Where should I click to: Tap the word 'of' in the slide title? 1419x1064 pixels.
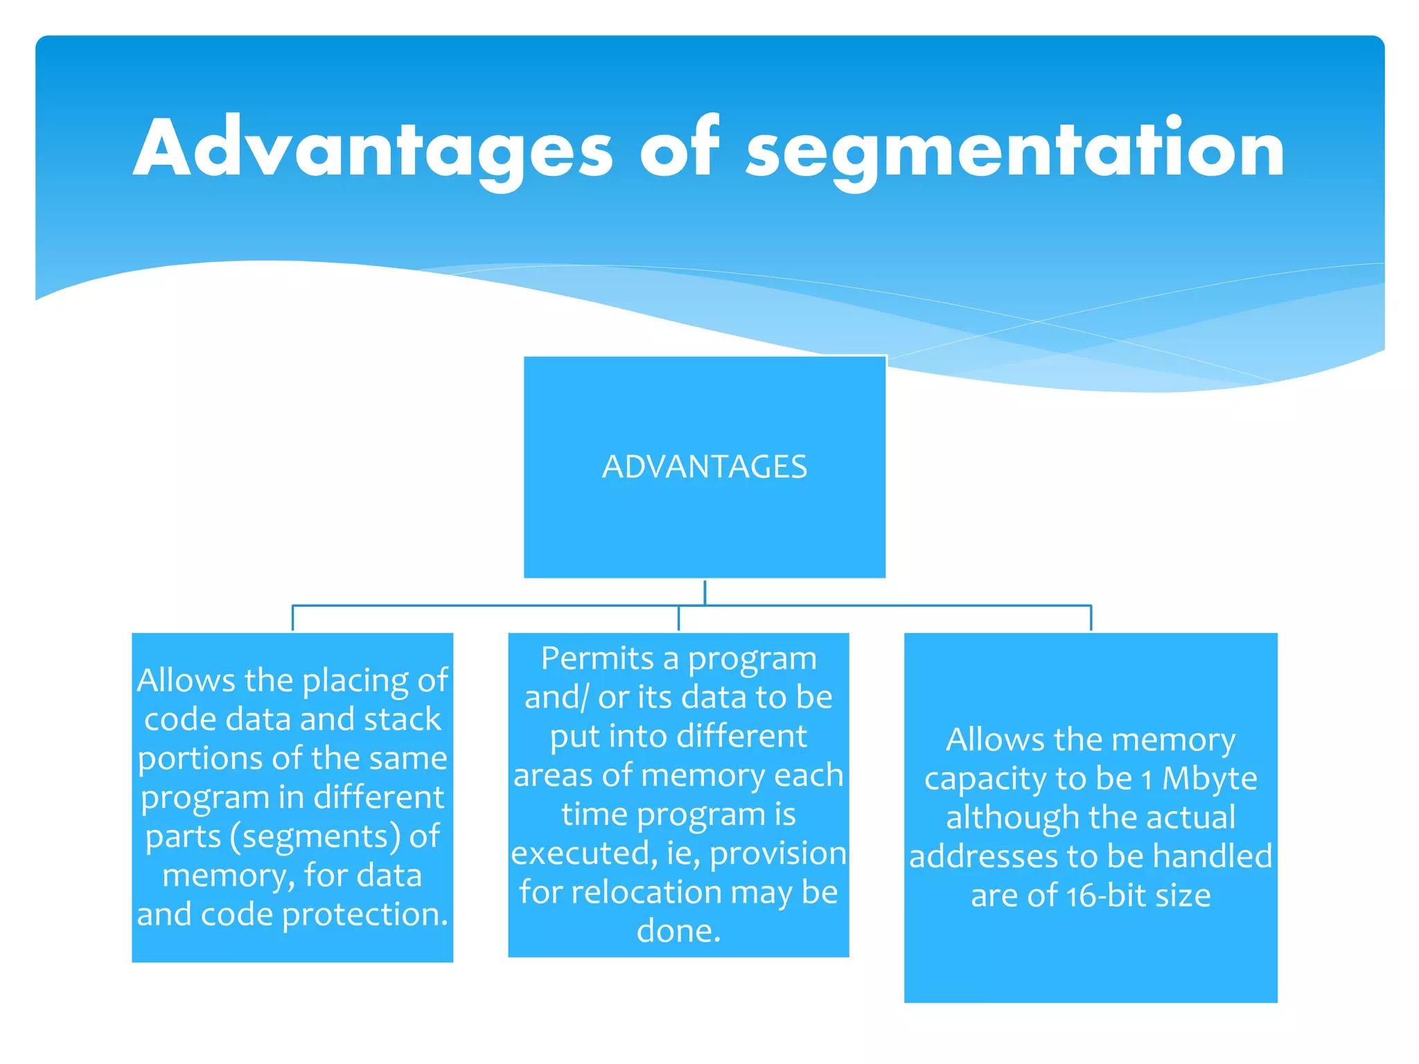679,147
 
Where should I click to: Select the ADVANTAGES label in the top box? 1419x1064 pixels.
705,467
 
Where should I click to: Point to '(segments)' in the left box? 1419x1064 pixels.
315,836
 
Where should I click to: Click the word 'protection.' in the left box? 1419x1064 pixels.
365,914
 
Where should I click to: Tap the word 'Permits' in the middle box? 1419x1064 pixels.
597,658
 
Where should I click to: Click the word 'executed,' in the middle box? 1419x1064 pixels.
584,853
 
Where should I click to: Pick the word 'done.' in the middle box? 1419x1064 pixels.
678,931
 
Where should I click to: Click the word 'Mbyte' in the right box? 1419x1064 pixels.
1209,779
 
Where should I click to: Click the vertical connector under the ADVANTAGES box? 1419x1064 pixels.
705,592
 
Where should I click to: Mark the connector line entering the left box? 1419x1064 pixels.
292,618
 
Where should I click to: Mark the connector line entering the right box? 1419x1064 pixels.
1091,618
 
